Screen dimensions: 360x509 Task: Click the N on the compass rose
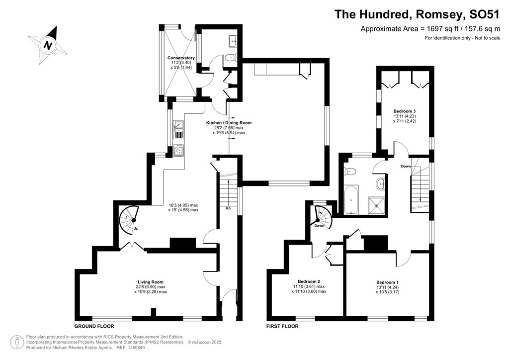click(x=48, y=45)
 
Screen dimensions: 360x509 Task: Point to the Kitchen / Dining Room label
click(x=229, y=123)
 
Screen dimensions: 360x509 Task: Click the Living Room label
click(x=150, y=282)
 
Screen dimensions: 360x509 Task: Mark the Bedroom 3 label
click(x=404, y=111)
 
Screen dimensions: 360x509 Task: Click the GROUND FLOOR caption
click(x=94, y=327)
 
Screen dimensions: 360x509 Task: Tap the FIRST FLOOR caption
click(x=282, y=327)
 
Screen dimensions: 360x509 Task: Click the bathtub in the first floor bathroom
click(x=351, y=200)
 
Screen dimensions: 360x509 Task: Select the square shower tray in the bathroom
click(x=380, y=204)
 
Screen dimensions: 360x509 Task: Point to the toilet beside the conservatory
click(x=230, y=59)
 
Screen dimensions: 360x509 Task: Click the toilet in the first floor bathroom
click(x=351, y=172)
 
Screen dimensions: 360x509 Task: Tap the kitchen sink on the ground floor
click(x=178, y=130)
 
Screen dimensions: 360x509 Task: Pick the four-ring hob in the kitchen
click(x=178, y=150)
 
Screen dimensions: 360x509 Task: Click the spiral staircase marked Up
click(x=129, y=219)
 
